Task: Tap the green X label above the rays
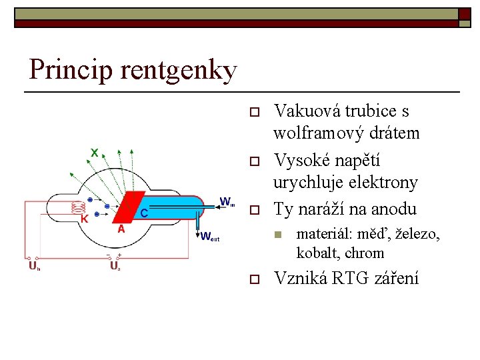point(95,153)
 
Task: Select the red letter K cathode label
point(84,219)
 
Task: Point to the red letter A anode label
point(121,229)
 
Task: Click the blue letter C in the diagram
point(143,213)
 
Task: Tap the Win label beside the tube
point(227,201)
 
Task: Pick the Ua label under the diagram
point(115,267)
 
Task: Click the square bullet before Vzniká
point(253,279)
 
